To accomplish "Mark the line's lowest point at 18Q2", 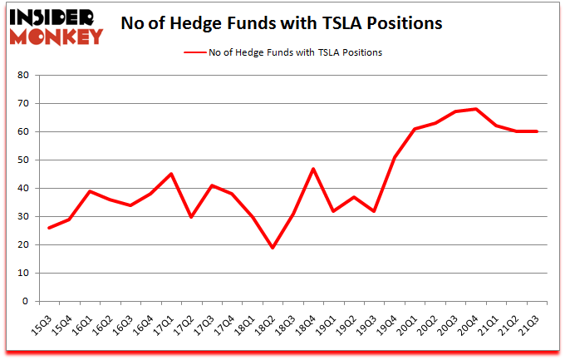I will coord(273,248).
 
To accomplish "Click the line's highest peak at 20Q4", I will coord(474,109).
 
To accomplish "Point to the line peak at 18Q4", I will coord(313,169).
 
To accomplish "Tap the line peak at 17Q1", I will coord(170,174).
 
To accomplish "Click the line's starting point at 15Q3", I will coord(48,228).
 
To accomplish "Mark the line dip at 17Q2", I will coord(192,216).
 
